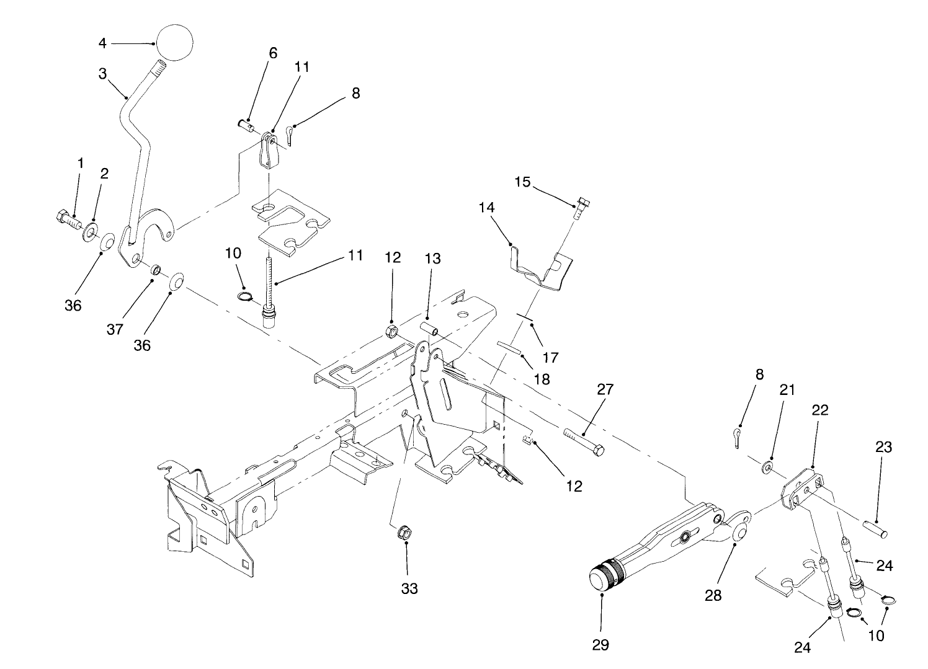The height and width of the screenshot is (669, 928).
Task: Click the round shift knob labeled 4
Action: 174,43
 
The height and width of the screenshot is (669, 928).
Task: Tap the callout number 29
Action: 600,645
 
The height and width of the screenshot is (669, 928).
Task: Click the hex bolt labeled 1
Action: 67,219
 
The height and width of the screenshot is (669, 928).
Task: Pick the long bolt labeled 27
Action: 584,441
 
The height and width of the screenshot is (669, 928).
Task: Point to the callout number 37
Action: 114,329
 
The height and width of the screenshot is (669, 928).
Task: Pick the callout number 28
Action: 713,595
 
